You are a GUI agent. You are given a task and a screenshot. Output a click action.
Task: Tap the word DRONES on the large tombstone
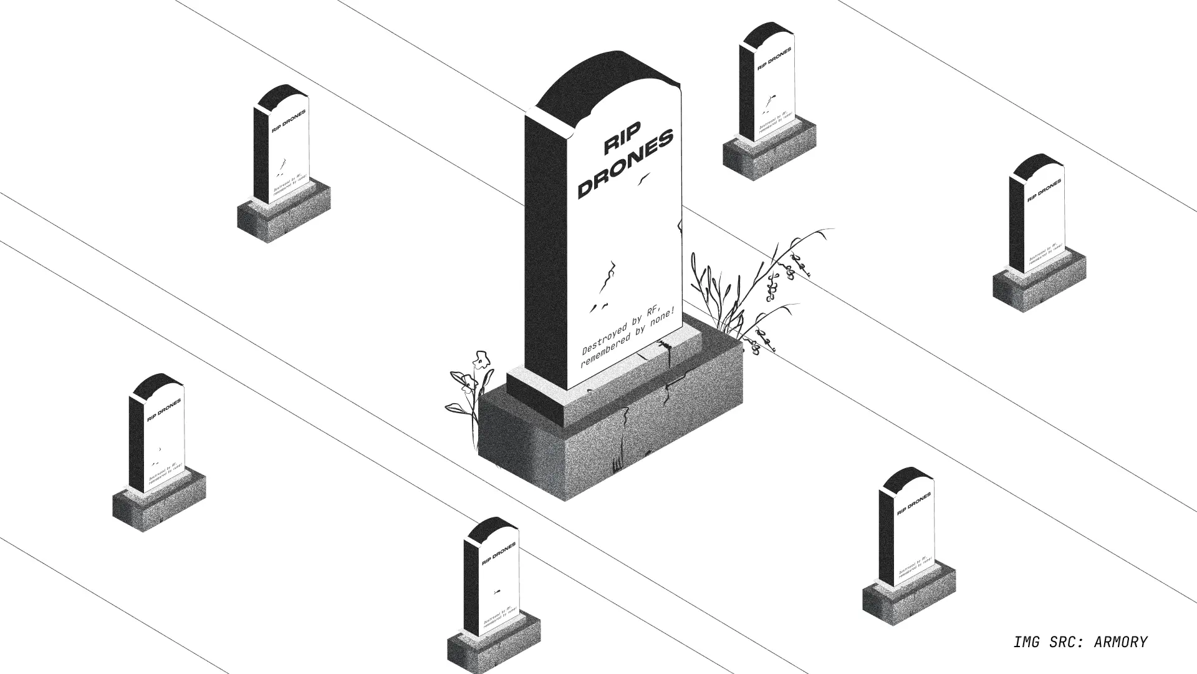coord(626,164)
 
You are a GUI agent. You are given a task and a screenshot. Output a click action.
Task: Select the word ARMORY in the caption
coord(1120,642)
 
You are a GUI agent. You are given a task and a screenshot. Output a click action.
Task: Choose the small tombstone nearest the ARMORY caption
coord(908,543)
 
